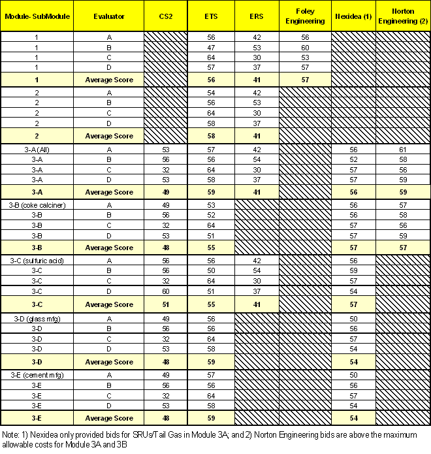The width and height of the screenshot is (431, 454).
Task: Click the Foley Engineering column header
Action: coord(305,17)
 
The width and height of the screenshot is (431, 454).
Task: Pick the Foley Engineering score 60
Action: coord(305,48)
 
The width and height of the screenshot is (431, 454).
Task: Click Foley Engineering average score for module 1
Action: coord(305,79)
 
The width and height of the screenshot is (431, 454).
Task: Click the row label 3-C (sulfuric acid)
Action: coord(37,260)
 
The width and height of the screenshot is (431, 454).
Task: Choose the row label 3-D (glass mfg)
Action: coord(37,317)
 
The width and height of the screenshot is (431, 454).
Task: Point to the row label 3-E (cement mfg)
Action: coord(37,374)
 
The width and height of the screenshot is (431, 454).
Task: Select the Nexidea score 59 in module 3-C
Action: coord(353,270)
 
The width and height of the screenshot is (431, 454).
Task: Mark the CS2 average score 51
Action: coord(165,304)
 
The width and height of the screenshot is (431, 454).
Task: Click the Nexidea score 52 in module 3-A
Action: coord(353,159)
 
